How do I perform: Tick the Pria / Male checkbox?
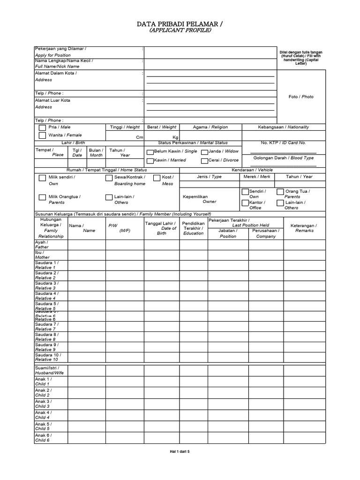tap(42, 127)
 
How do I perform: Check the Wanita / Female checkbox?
tap(42, 135)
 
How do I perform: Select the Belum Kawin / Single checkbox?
tap(150, 152)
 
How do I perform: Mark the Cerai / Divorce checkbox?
tap(204, 161)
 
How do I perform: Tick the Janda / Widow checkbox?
tap(204, 152)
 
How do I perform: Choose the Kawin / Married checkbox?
tap(150, 161)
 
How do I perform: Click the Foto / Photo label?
tap(301, 97)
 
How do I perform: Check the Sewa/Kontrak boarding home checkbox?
tap(109, 178)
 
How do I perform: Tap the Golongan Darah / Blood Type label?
tap(290, 158)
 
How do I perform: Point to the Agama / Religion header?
tap(210, 127)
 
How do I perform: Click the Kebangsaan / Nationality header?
tap(283, 127)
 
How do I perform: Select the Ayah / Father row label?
tap(42, 245)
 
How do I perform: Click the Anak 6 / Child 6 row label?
tap(43, 438)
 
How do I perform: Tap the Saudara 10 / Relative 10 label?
tap(47, 357)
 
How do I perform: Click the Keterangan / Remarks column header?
tap(303, 228)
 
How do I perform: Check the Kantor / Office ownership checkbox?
tap(245, 203)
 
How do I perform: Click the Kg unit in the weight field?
tap(176, 137)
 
